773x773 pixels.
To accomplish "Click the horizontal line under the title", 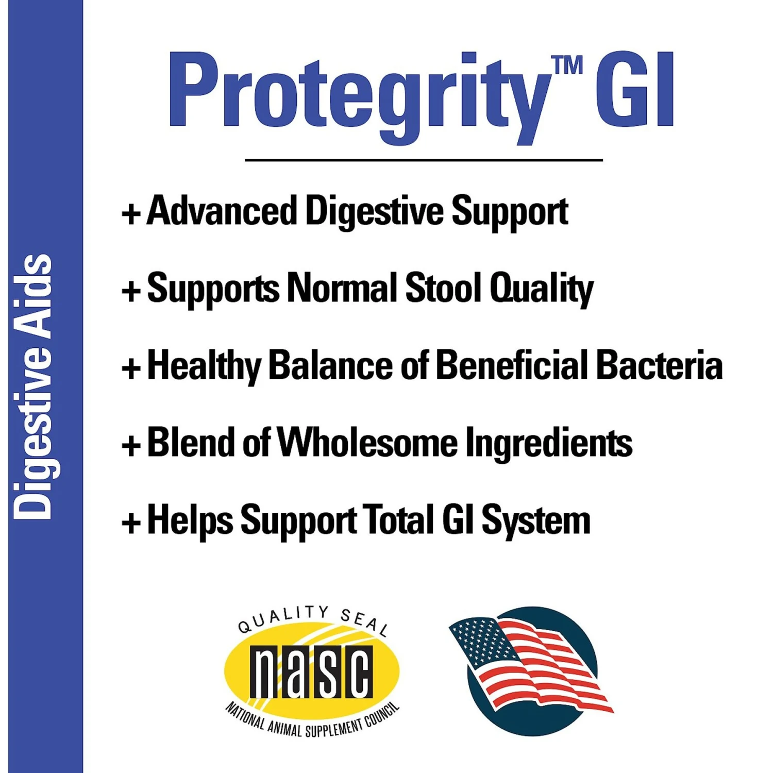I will pos(424,160).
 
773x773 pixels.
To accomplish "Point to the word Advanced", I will pos(222,211).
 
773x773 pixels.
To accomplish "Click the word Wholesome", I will pos(367,443).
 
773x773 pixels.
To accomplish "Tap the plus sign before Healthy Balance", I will pos(131,368).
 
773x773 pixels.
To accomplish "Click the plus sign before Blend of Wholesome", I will pos(131,445).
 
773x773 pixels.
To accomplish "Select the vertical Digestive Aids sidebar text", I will pos(32,386).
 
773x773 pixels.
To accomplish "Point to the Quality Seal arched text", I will pos(312,616).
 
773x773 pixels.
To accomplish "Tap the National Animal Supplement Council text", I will pos(312,721).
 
